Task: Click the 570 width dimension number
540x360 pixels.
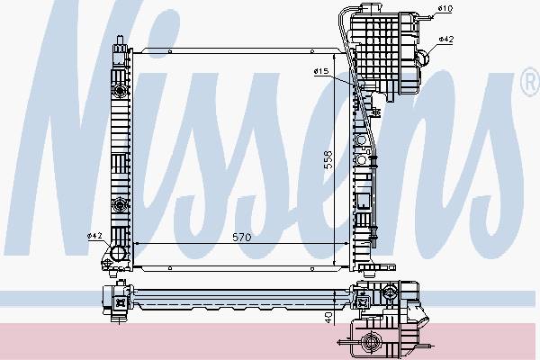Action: click(242, 238)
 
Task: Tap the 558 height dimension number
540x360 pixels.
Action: click(328, 159)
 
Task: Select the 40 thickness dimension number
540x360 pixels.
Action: click(328, 318)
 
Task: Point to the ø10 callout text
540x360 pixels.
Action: click(445, 8)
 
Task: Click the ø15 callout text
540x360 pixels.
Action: click(321, 71)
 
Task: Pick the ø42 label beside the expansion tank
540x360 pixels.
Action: click(446, 40)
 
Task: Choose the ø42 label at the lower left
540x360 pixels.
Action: click(94, 236)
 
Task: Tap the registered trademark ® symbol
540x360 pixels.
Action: click(531, 82)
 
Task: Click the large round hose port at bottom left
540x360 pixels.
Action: click(118, 254)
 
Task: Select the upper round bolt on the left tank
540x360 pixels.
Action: click(120, 91)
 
